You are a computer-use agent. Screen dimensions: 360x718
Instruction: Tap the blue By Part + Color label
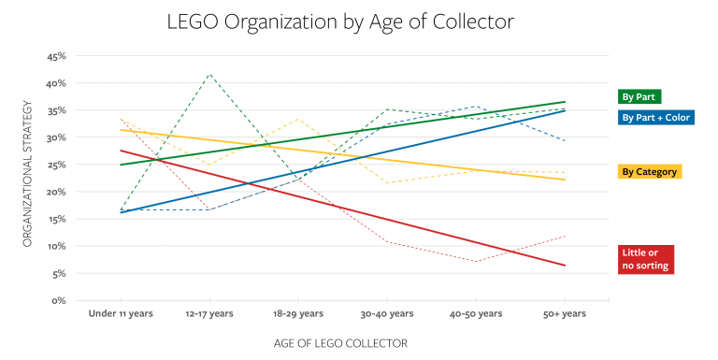[x=662, y=117]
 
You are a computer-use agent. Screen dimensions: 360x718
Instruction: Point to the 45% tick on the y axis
[x=54, y=56]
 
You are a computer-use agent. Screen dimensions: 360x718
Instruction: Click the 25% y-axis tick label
[x=54, y=165]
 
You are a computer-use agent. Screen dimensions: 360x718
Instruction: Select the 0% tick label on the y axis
[x=57, y=301]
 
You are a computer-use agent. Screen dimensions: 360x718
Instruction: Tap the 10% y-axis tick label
[x=54, y=247]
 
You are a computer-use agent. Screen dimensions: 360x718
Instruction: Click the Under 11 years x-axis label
[x=120, y=314]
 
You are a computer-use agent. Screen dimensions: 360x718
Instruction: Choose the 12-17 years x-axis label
[x=209, y=314]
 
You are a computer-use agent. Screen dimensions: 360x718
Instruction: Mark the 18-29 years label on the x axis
[x=298, y=314]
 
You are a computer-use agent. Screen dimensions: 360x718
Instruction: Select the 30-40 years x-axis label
[x=387, y=314]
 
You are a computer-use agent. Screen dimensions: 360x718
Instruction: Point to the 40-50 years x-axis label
[x=476, y=314]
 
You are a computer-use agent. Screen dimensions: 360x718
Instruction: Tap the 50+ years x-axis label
[x=565, y=314]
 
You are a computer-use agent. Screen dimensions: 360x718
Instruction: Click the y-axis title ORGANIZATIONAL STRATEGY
[x=28, y=178]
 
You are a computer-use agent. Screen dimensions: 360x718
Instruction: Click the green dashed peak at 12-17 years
[x=209, y=74]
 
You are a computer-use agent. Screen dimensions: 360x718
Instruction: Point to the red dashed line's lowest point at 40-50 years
[x=476, y=262]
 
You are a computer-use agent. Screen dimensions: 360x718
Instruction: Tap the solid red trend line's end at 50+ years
[x=565, y=266]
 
